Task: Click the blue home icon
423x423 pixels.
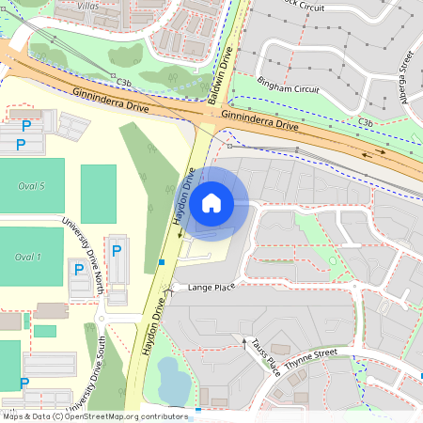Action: click(x=211, y=202)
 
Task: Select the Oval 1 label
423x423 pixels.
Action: click(x=28, y=257)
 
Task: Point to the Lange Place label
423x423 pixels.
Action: click(x=211, y=287)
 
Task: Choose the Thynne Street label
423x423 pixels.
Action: click(x=311, y=354)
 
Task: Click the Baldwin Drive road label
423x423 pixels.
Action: click(x=224, y=76)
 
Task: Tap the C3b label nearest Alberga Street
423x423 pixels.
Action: click(x=366, y=122)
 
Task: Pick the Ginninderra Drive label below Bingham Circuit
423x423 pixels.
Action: click(x=260, y=119)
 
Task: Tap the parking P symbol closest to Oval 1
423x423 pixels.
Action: click(x=78, y=271)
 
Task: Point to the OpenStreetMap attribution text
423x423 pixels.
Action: click(x=94, y=415)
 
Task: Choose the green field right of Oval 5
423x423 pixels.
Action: click(x=98, y=194)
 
